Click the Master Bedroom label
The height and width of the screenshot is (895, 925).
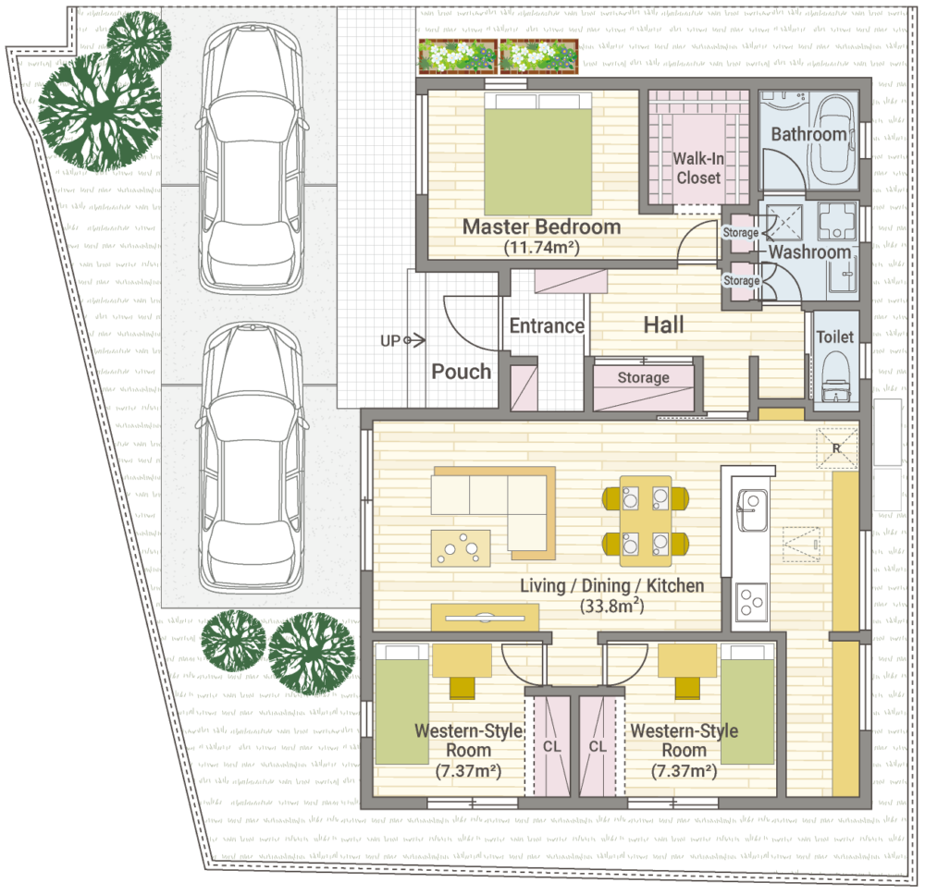click(541, 227)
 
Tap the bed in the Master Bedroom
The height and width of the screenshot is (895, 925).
click(538, 153)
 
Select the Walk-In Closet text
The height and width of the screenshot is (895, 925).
click(698, 168)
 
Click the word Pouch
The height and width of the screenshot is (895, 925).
click(462, 372)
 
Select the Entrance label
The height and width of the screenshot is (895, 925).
click(547, 325)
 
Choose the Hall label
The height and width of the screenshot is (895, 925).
click(663, 325)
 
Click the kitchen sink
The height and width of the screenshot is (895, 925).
click(751, 509)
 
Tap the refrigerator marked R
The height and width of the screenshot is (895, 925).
click(836, 448)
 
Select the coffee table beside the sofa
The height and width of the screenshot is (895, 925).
click(461, 548)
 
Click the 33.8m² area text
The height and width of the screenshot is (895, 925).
click(611, 606)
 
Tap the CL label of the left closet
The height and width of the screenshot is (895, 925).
click(551, 746)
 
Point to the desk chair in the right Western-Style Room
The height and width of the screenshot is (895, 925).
click(687, 688)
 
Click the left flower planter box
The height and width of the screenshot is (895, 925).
click(458, 56)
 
